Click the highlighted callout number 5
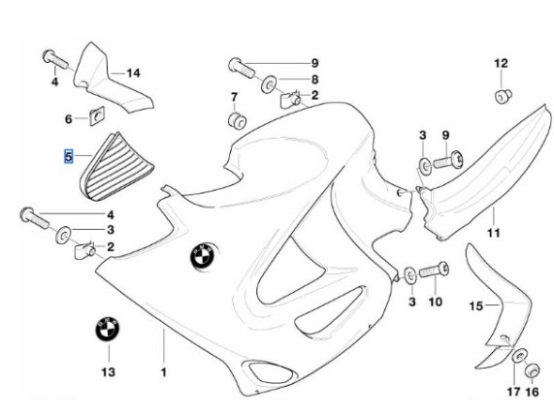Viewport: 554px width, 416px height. (68, 156)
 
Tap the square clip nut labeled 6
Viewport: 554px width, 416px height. (97, 115)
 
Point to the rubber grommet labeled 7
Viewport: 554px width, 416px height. (237, 120)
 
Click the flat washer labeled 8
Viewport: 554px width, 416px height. (269, 83)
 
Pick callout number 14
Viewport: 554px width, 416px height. (134, 73)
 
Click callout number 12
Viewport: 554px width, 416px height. (501, 64)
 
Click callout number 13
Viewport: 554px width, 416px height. (108, 371)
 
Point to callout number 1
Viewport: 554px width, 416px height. (163, 372)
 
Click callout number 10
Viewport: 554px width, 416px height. (436, 302)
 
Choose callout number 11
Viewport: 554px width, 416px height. (494, 233)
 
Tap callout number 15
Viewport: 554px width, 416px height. (476, 305)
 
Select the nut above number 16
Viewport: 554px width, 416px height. (532, 370)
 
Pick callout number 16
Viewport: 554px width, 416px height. (532, 392)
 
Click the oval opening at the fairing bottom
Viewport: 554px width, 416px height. (271, 371)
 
